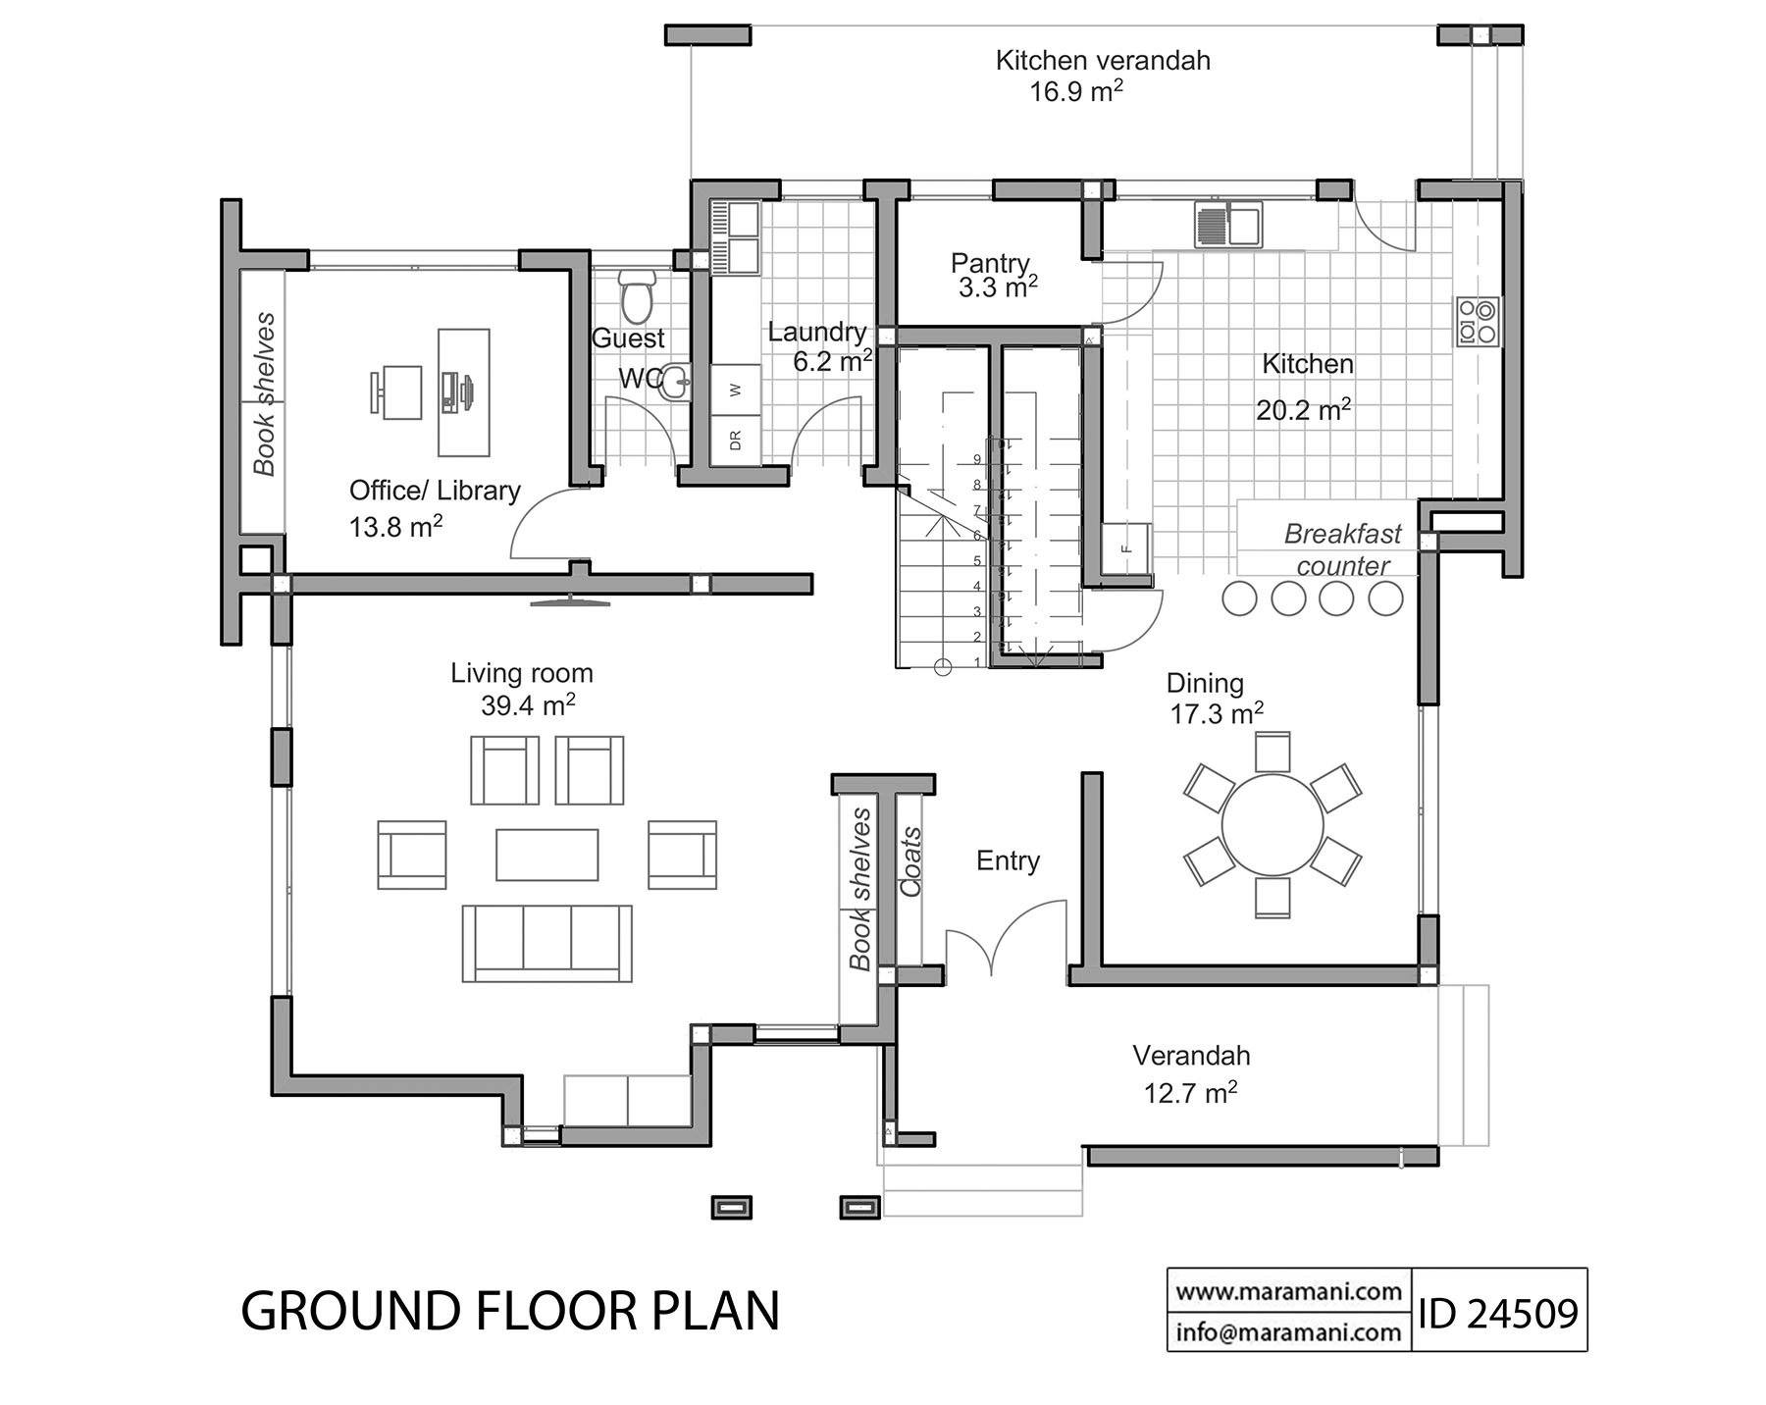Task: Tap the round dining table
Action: pyautogui.click(x=1272, y=823)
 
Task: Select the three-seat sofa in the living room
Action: pyautogui.click(x=546, y=943)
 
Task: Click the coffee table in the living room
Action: pyautogui.click(x=546, y=855)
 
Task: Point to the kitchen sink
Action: pyautogui.click(x=1227, y=224)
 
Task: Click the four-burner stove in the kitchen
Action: pyautogui.click(x=1478, y=321)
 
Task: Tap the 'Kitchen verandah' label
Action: pyautogui.click(x=1102, y=61)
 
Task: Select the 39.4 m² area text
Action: pyautogui.click(x=527, y=705)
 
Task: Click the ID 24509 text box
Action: pyautogui.click(x=1498, y=1312)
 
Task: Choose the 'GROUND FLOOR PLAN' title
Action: pyautogui.click(x=510, y=1311)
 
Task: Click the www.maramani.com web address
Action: pyautogui.click(x=1288, y=1291)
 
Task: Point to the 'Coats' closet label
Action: pyautogui.click(x=911, y=862)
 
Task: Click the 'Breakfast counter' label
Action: pyautogui.click(x=1342, y=549)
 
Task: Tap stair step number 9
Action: pyautogui.click(x=976, y=459)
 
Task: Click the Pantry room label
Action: pyautogui.click(x=989, y=263)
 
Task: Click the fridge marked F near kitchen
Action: pyautogui.click(x=1126, y=550)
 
